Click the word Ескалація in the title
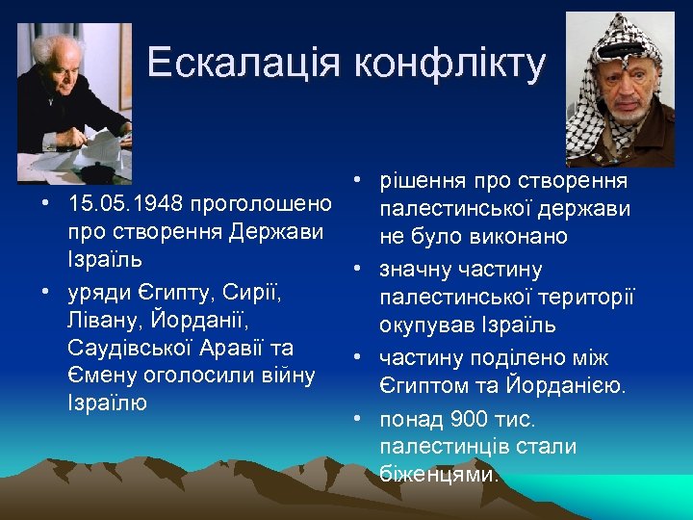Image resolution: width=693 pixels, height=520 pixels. pos(245,64)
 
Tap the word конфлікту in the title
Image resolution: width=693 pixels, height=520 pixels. pos(449,64)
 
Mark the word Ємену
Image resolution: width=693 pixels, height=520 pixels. pos(97,376)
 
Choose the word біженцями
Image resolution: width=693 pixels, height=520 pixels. pos(439,474)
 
